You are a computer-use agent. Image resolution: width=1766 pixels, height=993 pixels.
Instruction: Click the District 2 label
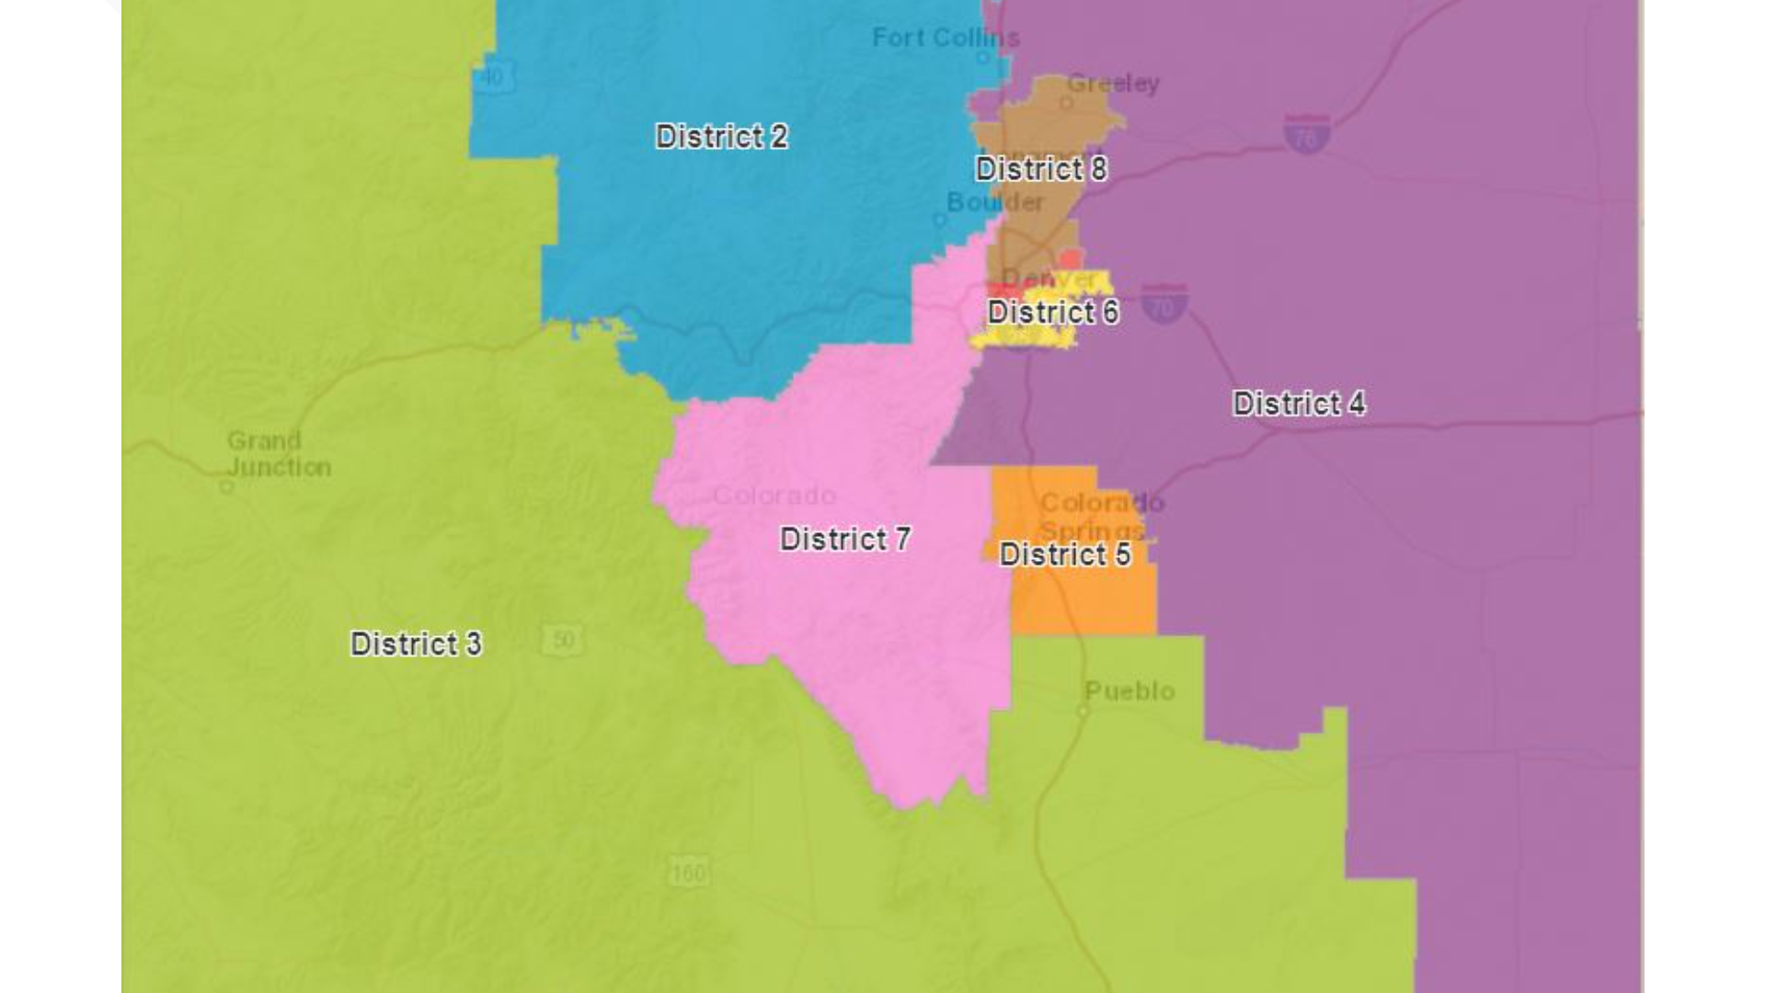point(721,137)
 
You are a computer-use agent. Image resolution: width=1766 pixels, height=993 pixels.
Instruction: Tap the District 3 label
point(416,644)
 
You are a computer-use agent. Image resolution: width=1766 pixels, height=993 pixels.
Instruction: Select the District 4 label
point(1298,403)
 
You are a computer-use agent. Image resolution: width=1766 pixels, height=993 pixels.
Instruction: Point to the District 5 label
point(1065,554)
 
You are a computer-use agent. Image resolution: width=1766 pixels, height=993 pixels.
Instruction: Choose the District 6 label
point(1053,313)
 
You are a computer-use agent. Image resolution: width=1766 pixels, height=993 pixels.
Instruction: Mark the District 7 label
point(845,539)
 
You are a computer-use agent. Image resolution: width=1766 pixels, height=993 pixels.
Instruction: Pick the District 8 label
point(1041,169)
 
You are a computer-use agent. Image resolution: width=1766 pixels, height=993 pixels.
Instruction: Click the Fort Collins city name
point(946,38)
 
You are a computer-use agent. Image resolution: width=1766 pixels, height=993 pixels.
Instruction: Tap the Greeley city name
point(1113,84)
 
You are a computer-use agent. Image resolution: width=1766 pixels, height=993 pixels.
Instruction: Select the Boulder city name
point(995,202)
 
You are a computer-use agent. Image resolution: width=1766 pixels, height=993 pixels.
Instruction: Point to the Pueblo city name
point(1130,691)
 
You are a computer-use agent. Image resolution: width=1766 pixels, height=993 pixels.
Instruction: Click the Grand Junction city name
point(279,454)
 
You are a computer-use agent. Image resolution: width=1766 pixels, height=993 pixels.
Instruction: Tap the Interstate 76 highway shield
point(1306,134)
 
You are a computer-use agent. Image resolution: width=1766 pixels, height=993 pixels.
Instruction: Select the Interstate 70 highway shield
point(1164,303)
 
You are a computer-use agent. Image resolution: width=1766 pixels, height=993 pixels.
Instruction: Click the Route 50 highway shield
point(562,640)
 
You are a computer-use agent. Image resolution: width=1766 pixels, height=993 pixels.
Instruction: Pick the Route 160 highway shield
point(689,871)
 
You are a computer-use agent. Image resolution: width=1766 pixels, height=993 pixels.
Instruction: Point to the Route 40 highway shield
point(493,77)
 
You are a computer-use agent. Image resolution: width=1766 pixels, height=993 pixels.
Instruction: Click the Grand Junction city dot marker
point(226,486)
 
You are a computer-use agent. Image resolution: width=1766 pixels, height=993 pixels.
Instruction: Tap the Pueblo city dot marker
point(1083,712)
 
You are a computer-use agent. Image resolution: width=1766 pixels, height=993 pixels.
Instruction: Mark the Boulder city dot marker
point(939,220)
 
